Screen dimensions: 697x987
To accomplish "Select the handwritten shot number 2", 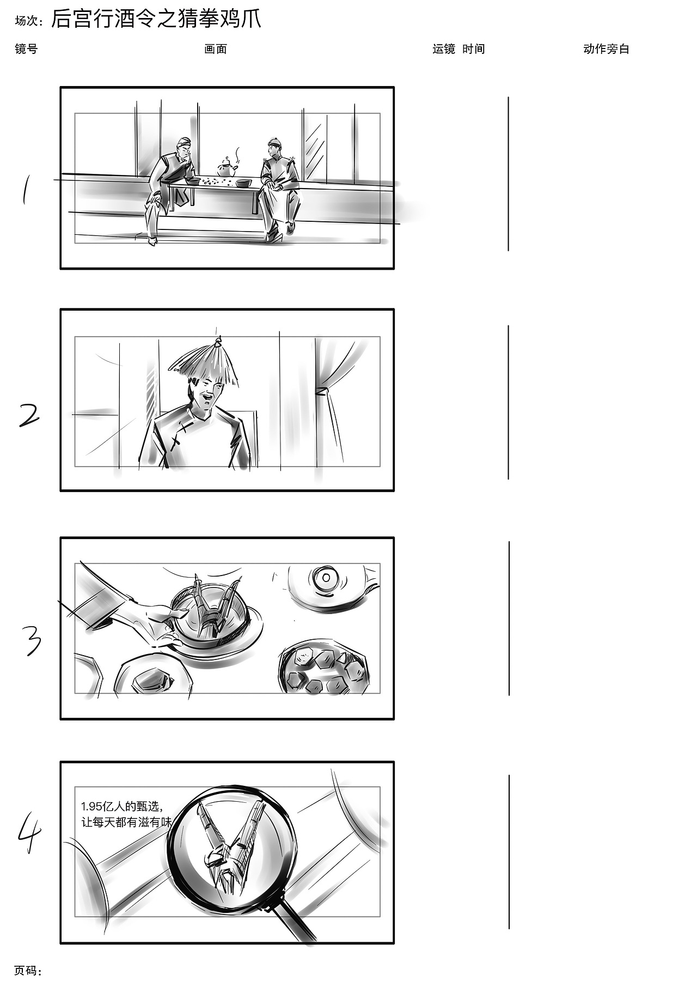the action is (x=29, y=415).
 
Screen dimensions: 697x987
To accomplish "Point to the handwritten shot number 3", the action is (x=32, y=640).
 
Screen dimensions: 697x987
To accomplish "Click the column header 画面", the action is (x=216, y=49).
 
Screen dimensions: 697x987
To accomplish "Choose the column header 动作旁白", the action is (x=606, y=49).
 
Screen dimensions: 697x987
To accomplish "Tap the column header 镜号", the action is (x=26, y=49).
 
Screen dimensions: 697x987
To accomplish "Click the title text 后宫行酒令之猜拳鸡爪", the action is (x=156, y=19).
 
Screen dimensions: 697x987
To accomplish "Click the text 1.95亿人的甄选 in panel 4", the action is (x=122, y=807).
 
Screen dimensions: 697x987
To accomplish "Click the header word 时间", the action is (x=474, y=49).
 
